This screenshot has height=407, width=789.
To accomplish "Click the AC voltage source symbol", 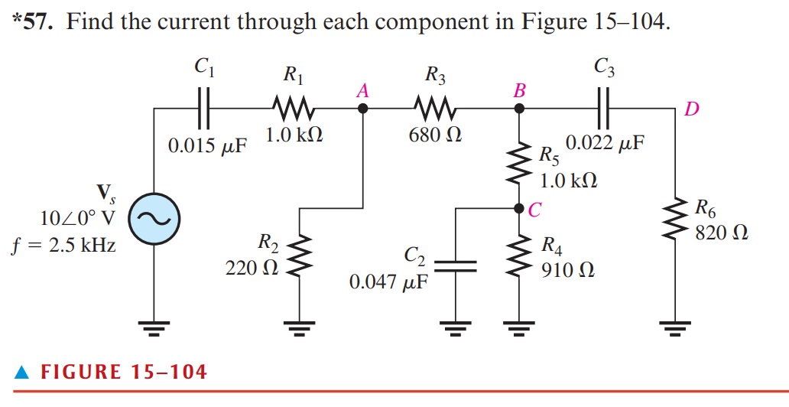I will [x=153, y=218].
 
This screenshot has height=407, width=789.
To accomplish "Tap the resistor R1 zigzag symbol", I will [x=290, y=109].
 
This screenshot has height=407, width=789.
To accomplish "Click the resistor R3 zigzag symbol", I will [x=433, y=109].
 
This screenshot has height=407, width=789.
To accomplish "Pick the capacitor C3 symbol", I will [x=602, y=109].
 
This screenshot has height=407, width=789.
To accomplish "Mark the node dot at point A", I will [x=363, y=109].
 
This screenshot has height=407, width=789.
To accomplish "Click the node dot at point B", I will [x=520, y=109].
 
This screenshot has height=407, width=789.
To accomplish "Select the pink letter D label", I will [x=691, y=110].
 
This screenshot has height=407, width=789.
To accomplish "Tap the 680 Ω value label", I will [x=435, y=135].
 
